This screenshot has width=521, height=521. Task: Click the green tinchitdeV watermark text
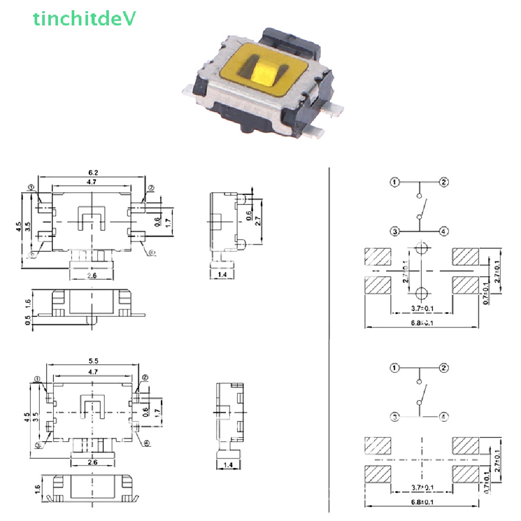(84, 19)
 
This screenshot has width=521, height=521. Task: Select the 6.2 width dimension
(92, 173)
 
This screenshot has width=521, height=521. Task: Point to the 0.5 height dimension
(28, 320)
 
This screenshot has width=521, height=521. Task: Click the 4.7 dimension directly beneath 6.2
(92, 182)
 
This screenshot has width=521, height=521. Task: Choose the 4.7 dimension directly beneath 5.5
(93, 372)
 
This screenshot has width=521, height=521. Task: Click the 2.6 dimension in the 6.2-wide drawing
(92, 275)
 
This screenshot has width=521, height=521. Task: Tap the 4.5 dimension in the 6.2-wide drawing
(18, 226)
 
